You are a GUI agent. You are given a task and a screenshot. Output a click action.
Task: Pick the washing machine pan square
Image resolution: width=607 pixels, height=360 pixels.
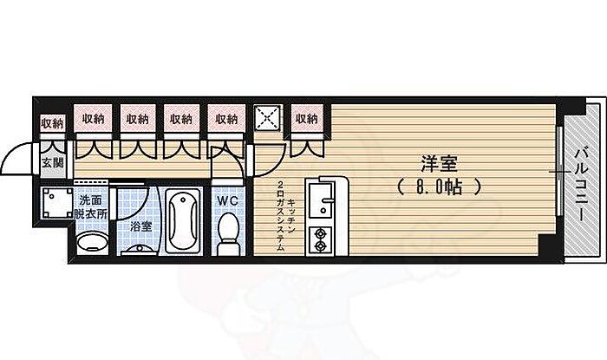point(56,206)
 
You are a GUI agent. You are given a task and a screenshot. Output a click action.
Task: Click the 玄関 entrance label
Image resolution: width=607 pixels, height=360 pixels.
point(53,162)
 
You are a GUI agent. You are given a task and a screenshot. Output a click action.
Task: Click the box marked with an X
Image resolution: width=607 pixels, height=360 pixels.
point(265,120)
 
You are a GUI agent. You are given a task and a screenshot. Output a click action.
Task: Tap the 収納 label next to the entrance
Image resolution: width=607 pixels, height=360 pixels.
point(53,122)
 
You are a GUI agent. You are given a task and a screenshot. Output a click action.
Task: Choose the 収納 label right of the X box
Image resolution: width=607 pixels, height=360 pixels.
point(305,118)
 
